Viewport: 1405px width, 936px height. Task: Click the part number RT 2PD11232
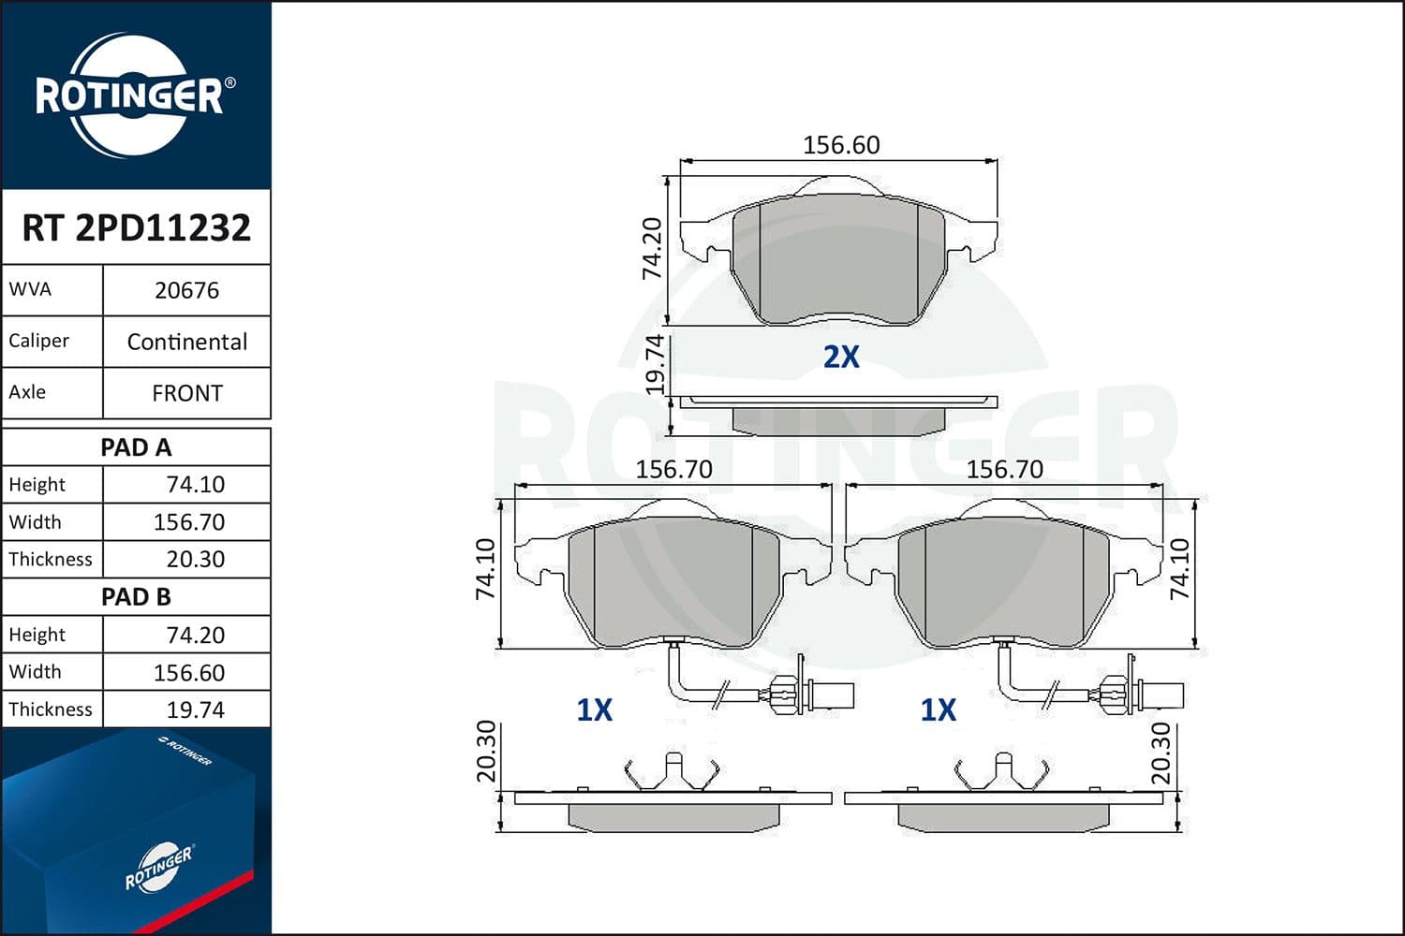pyautogui.click(x=136, y=227)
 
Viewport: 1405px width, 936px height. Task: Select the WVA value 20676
pyautogui.click(x=186, y=290)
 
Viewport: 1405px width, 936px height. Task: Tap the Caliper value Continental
pyautogui.click(x=186, y=342)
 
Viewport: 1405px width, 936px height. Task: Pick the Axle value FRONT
pyautogui.click(x=186, y=393)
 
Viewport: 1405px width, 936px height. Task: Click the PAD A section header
pyautogui.click(x=136, y=447)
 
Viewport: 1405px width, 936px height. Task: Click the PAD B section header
pyautogui.click(x=136, y=596)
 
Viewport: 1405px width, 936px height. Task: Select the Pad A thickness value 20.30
pyautogui.click(x=195, y=559)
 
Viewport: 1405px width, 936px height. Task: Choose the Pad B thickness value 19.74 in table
pyautogui.click(x=195, y=709)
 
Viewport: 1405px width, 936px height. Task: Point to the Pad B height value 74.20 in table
pyautogui.click(x=195, y=635)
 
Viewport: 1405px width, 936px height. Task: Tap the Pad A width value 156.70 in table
pyautogui.click(x=189, y=521)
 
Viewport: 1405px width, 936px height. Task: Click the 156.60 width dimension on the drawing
pyautogui.click(x=841, y=145)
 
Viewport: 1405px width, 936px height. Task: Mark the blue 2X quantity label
pyautogui.click(x=840, y=357)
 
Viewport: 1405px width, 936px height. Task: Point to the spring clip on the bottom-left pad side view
pyautogui.click(x=672, y=772)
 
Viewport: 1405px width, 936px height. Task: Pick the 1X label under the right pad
pyautogui.click(x=938, y=710)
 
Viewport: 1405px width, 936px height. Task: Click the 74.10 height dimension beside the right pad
pyautogui.click(x=1179, y=569)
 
